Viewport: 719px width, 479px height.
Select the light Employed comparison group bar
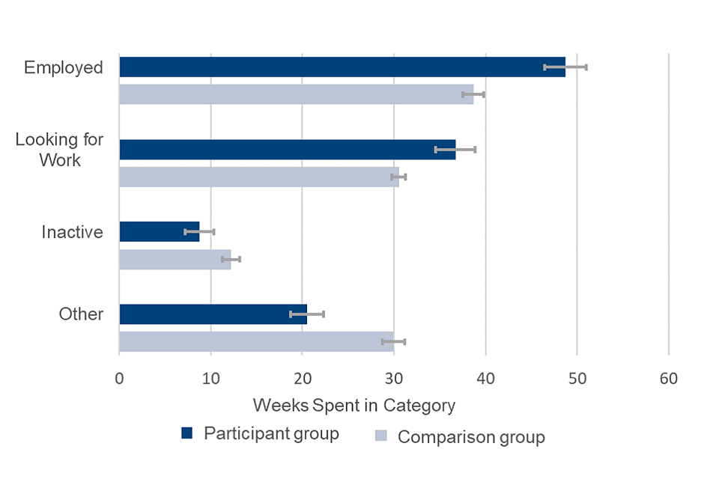click(296, 94)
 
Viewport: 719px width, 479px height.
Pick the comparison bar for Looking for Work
click(258, 177)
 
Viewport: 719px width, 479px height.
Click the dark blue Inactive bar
click(159, 232)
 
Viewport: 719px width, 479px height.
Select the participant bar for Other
click(213, 314)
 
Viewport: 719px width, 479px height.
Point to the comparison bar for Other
click(256, 341)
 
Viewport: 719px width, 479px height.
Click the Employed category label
click(63, 67)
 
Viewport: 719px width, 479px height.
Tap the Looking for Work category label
click(59, 149)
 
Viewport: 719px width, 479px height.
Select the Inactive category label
click(72, 232)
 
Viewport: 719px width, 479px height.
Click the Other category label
click(81, 314)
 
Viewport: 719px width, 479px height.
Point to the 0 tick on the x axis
click(119, 379)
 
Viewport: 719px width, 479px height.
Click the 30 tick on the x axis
click(394, 379)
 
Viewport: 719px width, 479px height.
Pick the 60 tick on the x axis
click(668, 379)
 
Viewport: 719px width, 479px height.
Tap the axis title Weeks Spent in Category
click(354, 406)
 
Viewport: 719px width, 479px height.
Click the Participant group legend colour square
click(187, 433)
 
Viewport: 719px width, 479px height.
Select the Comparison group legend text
click(471, 437)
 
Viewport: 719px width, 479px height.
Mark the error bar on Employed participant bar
click(565, 67)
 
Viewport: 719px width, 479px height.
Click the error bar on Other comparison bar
click(393, 341)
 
